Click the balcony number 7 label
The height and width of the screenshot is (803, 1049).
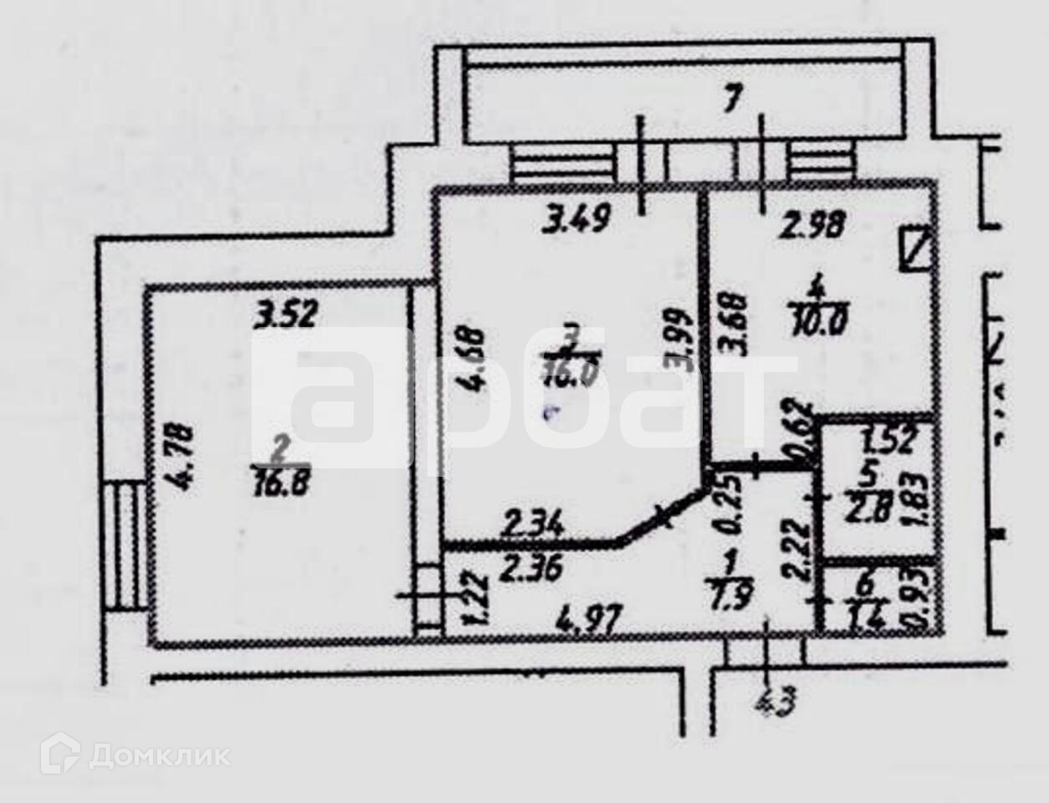click(x=732, y=100)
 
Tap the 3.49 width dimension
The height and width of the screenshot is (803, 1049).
click(x=578, y=220)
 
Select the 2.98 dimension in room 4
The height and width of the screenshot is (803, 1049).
click(x=813, y=225)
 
